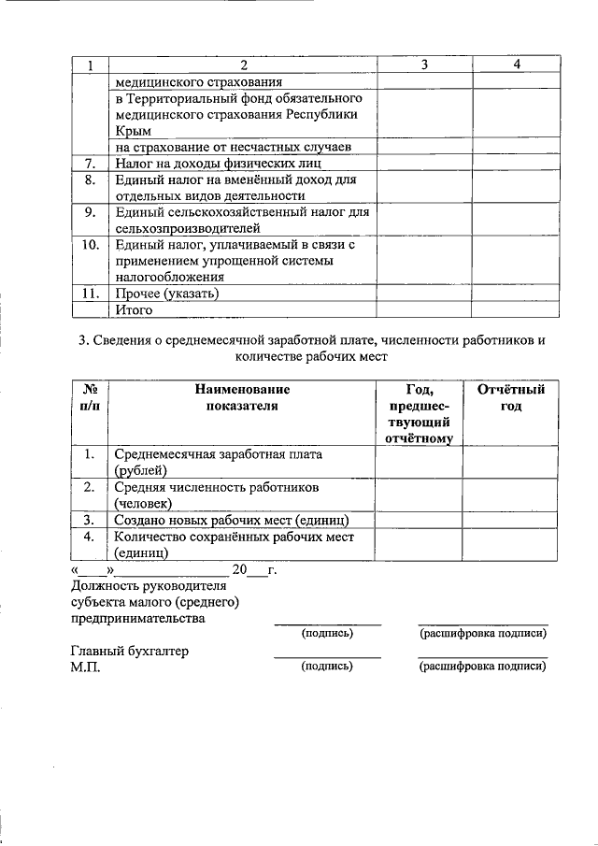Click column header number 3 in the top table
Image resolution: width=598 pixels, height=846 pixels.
tap(424, 65)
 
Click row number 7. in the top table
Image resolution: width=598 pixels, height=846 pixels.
tap(90, 164)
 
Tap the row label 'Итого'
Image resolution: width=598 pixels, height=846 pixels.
tap(134, 310)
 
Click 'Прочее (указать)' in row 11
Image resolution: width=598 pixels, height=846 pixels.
tap(167, 294)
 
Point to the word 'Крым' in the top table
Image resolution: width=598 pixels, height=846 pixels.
tap(133, 131)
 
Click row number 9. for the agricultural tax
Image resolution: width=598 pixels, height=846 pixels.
tap(90, 212)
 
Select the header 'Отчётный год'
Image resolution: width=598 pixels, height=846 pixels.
tap(510, 397)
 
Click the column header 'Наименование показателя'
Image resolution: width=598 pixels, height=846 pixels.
tap(243, 397)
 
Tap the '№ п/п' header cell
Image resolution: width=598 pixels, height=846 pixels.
tap(92, 397)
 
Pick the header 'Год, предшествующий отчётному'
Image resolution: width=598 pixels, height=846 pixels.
tap(419, 412)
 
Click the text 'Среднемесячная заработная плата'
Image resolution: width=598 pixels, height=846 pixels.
tap(219, 454)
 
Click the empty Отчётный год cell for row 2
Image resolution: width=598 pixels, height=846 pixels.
tap(510, 495)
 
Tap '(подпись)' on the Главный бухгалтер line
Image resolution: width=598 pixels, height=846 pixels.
tap(327, 667)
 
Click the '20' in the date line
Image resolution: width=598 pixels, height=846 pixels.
tap(239, 569)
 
